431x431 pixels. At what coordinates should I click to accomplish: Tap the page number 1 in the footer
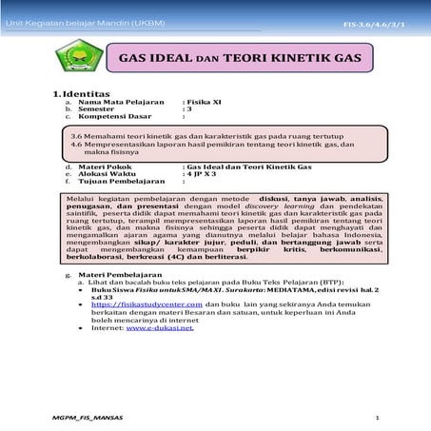378,418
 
